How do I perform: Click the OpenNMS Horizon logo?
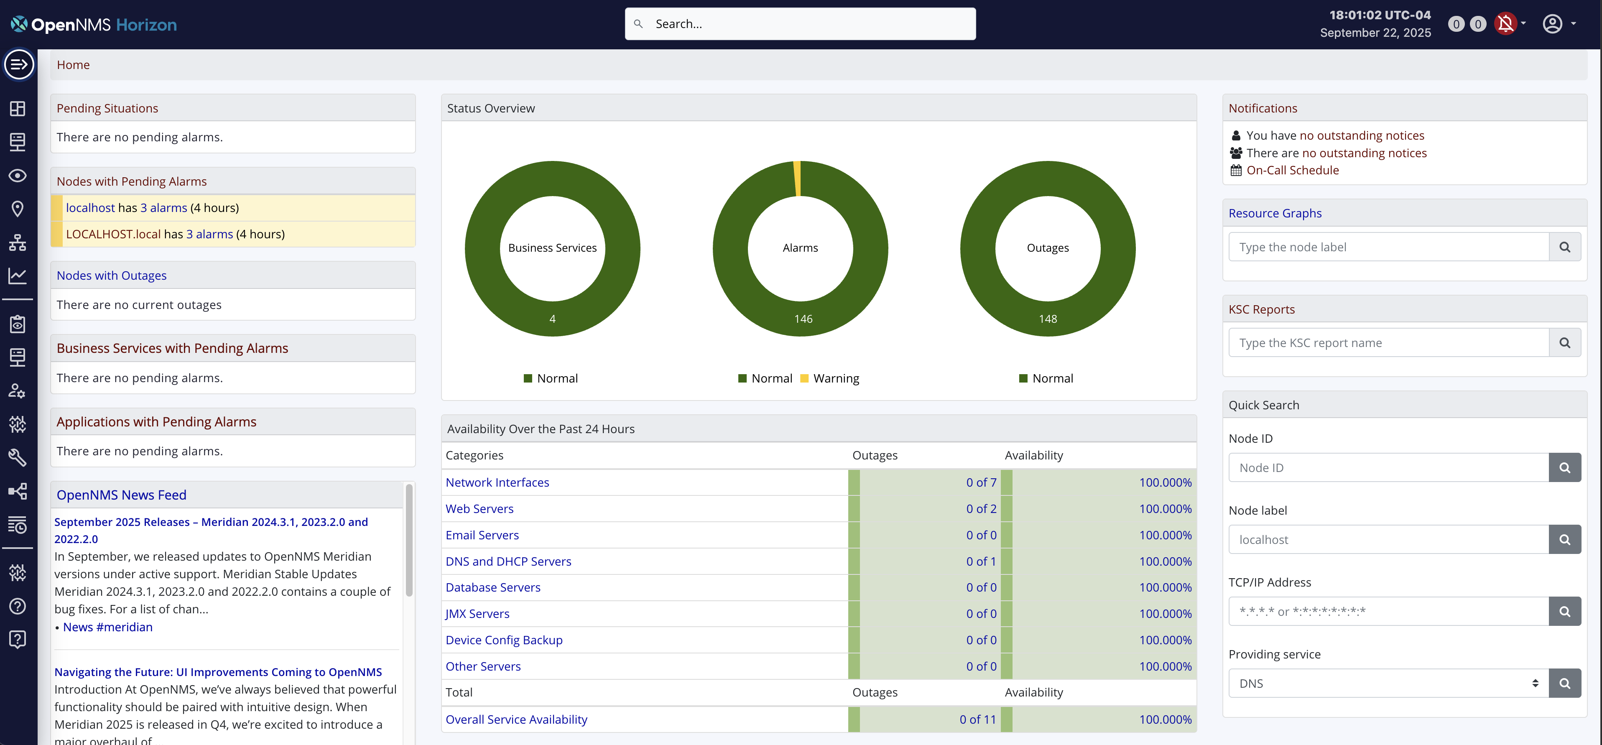coord(94,24)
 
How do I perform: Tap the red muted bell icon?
coord(1505,24)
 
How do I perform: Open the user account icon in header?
coord(1552,24)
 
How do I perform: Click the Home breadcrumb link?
coord(74,65)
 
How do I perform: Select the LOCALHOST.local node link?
coord(113,234)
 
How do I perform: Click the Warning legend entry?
coord(835,378)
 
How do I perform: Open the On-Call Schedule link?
coord(1292,170)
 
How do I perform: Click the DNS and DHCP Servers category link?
coord(508,561)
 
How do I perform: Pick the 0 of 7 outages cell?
coord(981,482)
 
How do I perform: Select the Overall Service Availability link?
coord(516,719)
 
